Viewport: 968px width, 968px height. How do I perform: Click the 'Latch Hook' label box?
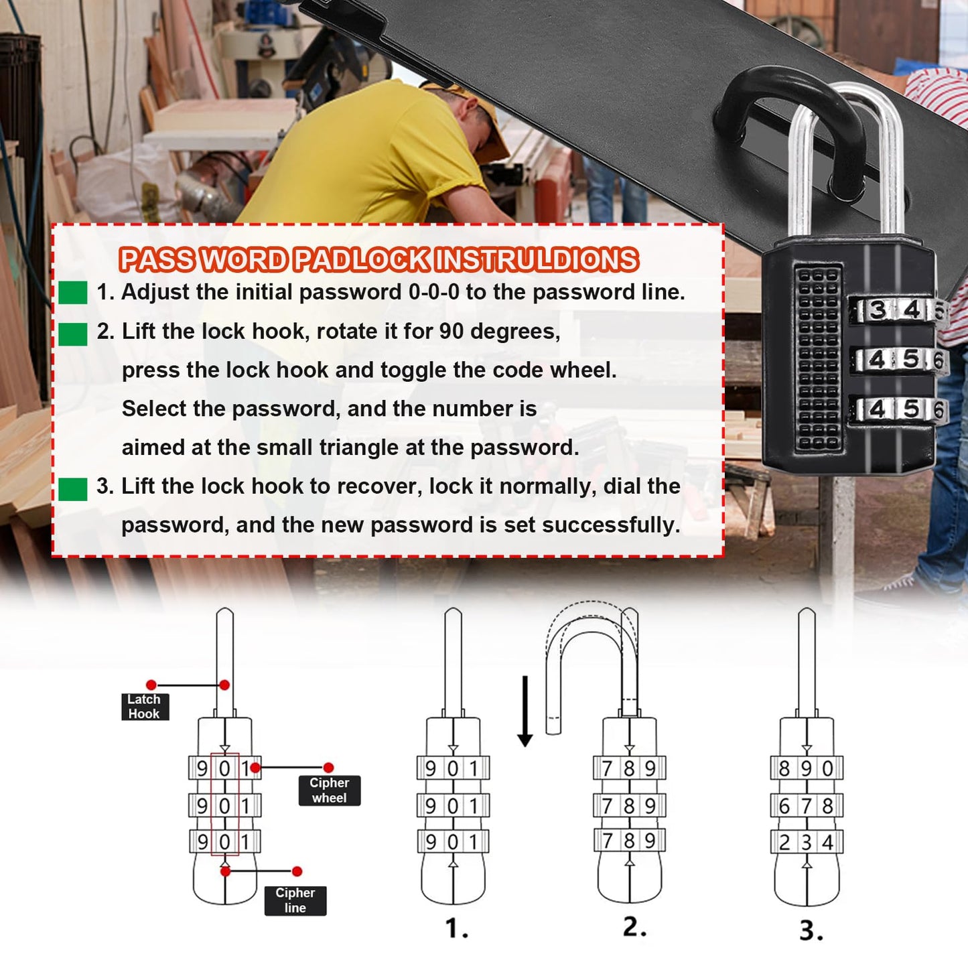(x=144, y=707)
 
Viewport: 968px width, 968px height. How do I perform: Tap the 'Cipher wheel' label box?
(x=329, y=790)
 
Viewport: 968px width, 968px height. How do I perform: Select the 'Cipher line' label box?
(x=295, y=900)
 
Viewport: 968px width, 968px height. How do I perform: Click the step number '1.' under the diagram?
(x=456, y=928)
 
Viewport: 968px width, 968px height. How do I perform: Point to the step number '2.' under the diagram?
(x=634, y=927)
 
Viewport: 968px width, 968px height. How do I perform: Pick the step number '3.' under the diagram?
(x=811, y=930)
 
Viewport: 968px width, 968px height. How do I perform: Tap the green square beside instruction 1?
(x=72, y=293)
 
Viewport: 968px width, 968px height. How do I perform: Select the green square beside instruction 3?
(x=72, y=489)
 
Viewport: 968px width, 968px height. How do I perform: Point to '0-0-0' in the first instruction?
(x=433, y=292)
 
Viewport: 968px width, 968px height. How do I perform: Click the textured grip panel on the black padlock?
(x=818, y=358)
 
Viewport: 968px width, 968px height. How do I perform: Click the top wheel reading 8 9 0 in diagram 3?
(x=807, y=768)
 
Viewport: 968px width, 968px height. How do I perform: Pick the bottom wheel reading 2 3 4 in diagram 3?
(x=807, y=842)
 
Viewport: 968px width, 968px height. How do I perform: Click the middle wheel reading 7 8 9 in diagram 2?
(x=629, y=805)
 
